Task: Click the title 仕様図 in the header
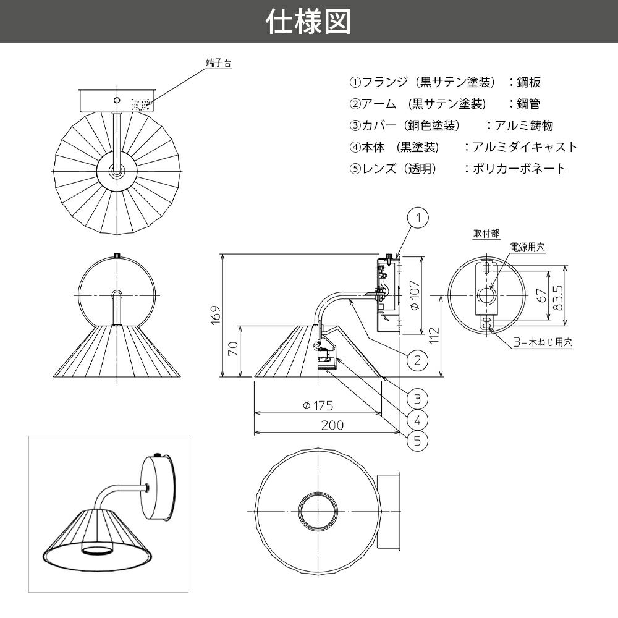[x=308, y=22]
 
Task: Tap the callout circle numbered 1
[x=418, y=218]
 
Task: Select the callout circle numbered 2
[x=418, y=360]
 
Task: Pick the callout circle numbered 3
[x=418, y=398]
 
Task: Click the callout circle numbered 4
[x=418, y=420]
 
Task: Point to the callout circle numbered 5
[x=418, y=441]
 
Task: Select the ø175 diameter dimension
[x=318, y=405]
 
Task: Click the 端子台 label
[x=218, y=62]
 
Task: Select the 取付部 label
[x=487, y=234]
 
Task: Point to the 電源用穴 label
[x=527, y=247]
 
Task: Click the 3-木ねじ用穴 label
[x=543, y=342]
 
